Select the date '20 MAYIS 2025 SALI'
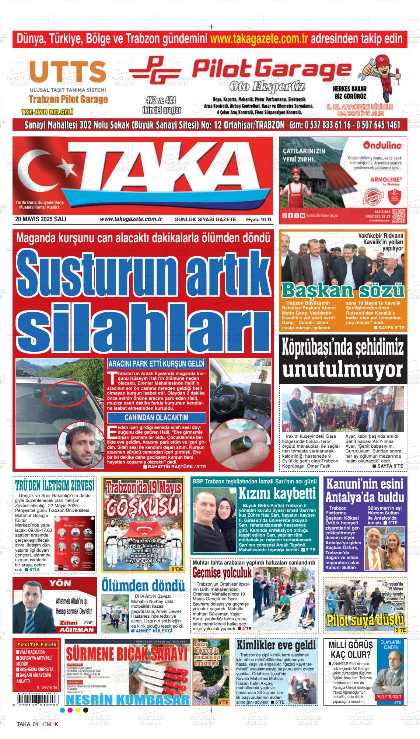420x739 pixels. (x=41, y=219)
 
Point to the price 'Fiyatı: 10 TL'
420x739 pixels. (x=259, y=219)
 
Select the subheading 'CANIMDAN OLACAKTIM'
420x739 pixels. (x=156, y=418)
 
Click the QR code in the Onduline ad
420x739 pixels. (x=398, y=215)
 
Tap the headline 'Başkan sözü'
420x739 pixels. (x=343, y=290)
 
